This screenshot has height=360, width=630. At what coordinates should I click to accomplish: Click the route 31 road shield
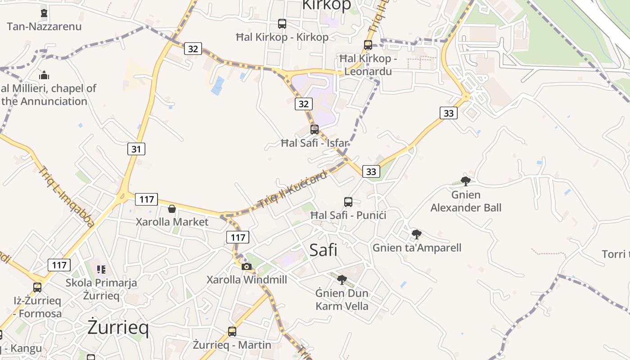[x=136, y=148]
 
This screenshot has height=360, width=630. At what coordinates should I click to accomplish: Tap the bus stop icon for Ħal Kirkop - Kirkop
[x=282, y=23]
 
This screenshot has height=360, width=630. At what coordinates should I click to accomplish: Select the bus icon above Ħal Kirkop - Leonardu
[x=368, y=45]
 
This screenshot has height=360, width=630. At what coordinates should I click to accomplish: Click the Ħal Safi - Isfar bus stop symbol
[x=315, y=130]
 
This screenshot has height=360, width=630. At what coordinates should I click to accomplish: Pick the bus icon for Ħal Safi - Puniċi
[x=348, y=202]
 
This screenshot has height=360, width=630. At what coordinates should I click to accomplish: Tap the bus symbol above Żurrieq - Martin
[x=232, y=332]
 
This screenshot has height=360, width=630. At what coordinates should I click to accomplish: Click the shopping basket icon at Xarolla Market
[x=171, y=208]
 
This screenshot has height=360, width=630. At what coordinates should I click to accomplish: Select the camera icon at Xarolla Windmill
[x=246, y=266]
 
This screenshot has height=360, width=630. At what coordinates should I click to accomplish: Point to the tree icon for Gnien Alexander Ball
[x=466, y=181]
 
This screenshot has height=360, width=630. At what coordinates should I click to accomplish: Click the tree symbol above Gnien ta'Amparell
[x=417, y=234]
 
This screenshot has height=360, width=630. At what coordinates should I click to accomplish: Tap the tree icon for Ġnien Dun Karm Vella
[x=342, y=280]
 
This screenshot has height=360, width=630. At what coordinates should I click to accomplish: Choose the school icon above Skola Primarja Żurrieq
[x=101, y=270]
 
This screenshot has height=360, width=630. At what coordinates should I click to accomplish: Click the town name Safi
[x=324, y=250]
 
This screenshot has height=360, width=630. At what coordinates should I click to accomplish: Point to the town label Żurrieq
[x=118, y=328]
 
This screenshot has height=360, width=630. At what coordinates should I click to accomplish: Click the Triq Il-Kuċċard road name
[x=293, y=189]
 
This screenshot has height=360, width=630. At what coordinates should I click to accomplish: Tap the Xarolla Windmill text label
[x=247, y=279]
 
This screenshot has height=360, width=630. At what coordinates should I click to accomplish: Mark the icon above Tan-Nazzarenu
[x=44, y=13]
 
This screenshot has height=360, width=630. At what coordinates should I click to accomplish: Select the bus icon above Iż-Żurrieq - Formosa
[x=37, y=287]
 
